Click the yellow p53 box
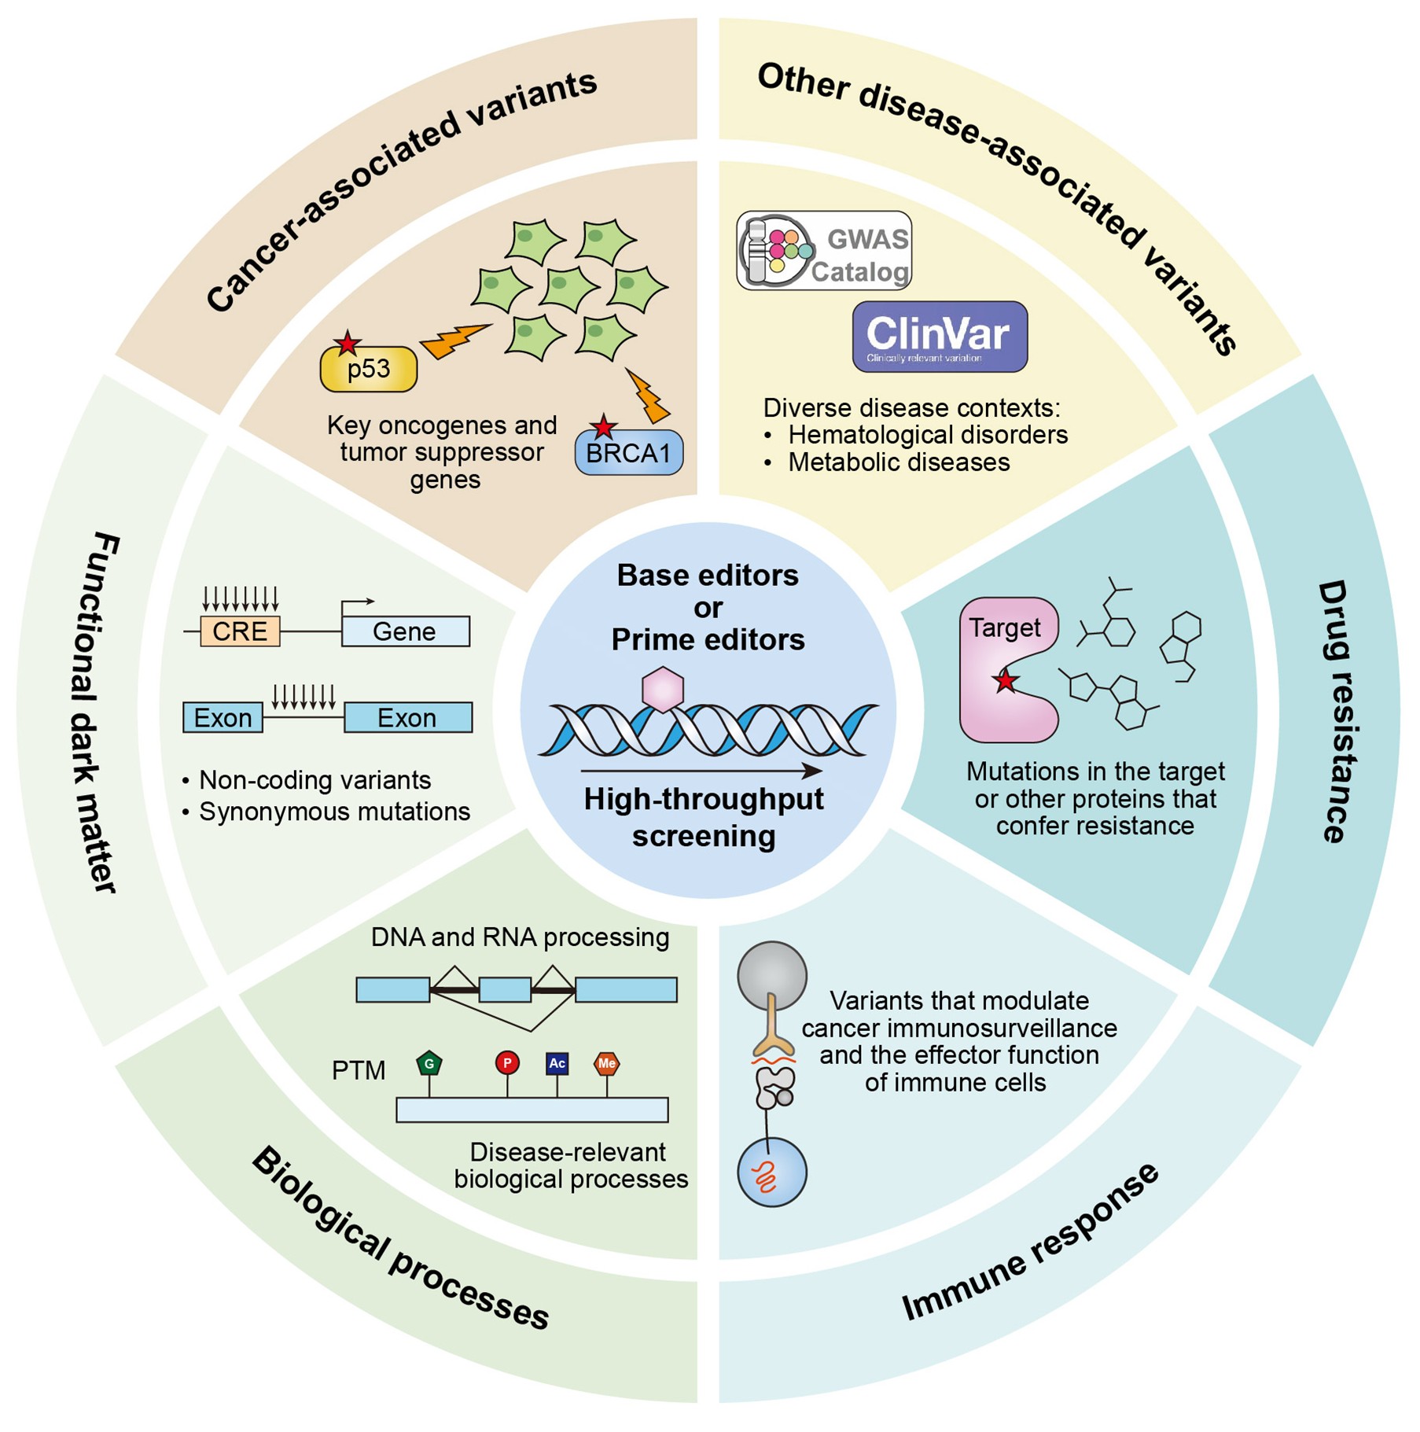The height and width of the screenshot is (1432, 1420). tap(369, 370)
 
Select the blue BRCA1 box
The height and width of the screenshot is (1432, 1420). tap(629, 454)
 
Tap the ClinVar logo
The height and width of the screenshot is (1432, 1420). tap(940, 337)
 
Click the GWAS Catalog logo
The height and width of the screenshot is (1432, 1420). tap(824, 251)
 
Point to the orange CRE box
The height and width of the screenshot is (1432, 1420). tap(240, 631)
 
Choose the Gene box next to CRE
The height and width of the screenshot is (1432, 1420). tap(405, 631)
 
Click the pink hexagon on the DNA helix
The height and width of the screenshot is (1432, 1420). tap(663, 690)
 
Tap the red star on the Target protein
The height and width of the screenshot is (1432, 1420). tap(1005, 681)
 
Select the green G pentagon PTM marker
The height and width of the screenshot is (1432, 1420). tap(429, 1064)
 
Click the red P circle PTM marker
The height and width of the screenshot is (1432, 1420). tap(507, 1063)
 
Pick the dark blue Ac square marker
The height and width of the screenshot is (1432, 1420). tap(557, 1063)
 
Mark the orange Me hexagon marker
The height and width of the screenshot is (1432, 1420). tap(606, 1063)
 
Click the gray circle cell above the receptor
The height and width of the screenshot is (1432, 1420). tap(772, 976)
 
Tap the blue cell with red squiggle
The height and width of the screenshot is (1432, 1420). tap(772, 1172)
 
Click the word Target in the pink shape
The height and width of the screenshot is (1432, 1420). tap(1004, 628)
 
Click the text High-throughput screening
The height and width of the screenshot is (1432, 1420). tap(704, 817)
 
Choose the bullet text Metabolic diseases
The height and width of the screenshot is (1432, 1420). tap(899, 462)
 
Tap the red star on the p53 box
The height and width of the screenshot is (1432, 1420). tap(347, 344)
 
